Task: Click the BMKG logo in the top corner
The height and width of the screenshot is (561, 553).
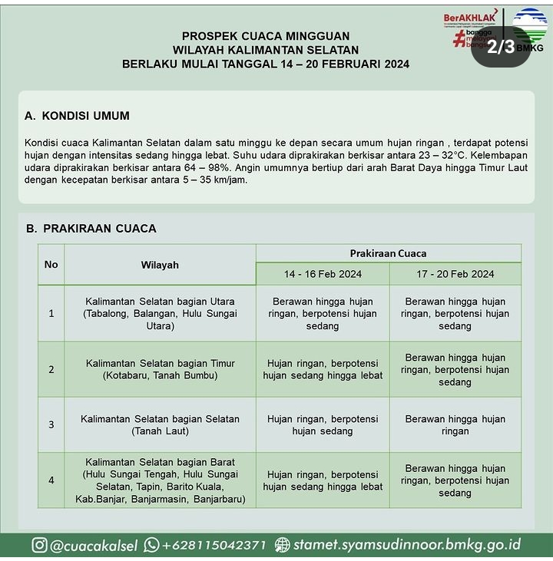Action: click(530, 27)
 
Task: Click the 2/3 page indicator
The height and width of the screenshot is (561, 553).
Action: click(501, 46)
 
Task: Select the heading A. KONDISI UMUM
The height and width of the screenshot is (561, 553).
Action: click(77, 116)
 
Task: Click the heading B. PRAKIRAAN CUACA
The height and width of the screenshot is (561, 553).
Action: click(91, 228)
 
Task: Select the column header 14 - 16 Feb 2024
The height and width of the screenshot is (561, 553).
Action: click(323, 274)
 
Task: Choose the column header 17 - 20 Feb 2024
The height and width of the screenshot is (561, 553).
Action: click(455, 274)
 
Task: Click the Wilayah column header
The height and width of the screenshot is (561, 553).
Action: click(160, 265)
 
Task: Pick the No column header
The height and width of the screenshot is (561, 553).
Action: click(51, 265)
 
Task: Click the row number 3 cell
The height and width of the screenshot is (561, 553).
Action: click(51, 424)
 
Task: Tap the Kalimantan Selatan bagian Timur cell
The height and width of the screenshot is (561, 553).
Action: click(160, 369)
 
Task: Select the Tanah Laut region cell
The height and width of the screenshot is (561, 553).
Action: click(160, 424)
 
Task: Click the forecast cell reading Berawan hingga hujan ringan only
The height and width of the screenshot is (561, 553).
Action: click(455, 424)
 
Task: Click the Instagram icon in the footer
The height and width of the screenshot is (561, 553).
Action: click(40, 545)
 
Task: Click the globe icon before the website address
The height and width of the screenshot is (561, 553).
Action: click(283, 545)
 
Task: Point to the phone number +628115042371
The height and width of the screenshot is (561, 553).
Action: click(214, 545)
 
